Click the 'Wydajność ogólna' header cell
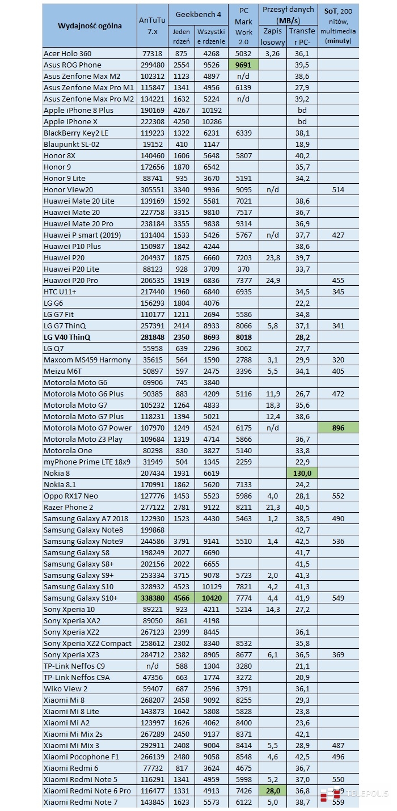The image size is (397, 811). (90, 26)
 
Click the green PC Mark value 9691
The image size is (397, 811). (243, 65)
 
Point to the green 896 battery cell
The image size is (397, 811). (338, 428)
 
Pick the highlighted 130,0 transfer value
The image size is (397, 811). (302, 473)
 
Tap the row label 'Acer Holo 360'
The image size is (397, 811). (67, 53)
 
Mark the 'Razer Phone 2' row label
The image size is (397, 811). (68, 507)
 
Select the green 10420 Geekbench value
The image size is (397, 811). (210, 598)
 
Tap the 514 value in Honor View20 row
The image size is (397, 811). (338, 189)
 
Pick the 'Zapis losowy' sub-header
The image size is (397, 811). (272, 36)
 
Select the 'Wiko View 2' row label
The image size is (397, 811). (65, 688)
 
